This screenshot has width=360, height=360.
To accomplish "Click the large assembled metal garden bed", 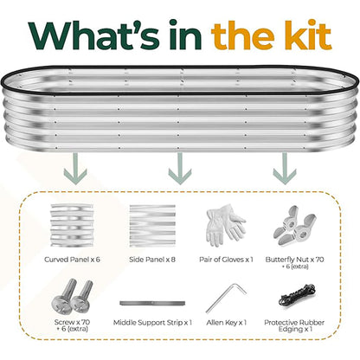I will (179, 102).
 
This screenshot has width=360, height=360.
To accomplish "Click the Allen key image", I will (228, 298).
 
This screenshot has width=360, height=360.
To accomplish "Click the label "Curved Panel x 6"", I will (73, 258).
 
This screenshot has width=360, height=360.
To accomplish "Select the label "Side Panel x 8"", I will (152, 258).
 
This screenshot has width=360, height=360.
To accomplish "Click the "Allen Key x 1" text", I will (228, 323).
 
